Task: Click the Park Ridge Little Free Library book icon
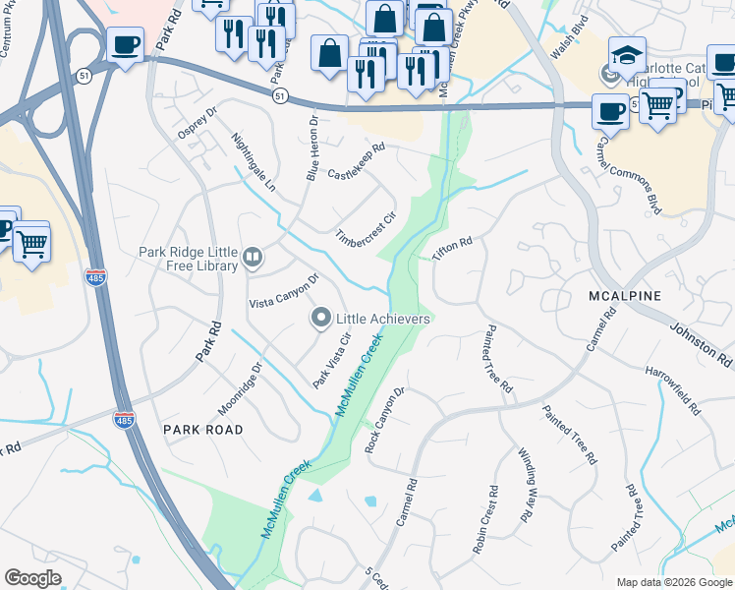(x=253, y=259)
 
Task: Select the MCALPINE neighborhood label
(x=625, y=295)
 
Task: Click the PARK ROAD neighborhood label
(x=202, y=430)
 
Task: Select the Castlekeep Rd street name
(x=356, y=161)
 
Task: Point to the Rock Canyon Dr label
(x=384, y=420)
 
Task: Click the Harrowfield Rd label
(x=673, y=390)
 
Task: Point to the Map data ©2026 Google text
(x=673, y=582)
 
